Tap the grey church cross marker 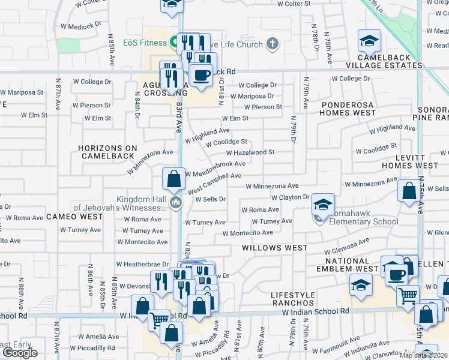coord(273,43)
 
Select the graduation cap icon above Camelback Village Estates coord(369,41)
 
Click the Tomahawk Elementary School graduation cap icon coord(323,205)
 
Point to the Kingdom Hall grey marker coord(175,202)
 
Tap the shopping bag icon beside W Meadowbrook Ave coord(173,178)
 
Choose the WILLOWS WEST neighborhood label coord(274,247)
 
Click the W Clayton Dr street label coord(290,197)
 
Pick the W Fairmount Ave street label coord(336,348)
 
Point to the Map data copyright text coord(427,356)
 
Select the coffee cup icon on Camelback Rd coord(201,76)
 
